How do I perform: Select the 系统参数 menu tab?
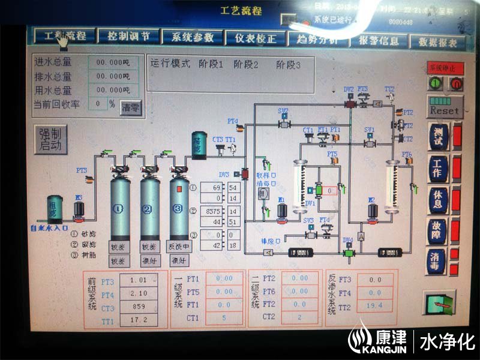click(192, 37)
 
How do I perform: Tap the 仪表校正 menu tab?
click(256, 38)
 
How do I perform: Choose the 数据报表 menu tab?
click(437, 43)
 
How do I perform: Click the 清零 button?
click(130, 108)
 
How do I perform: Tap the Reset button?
click(444, 110)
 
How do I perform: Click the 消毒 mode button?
click(436, 262)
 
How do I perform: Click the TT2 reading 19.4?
click(375, 307)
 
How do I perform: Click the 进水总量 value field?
click(109, 62)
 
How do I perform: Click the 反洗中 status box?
click(179, 247)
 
